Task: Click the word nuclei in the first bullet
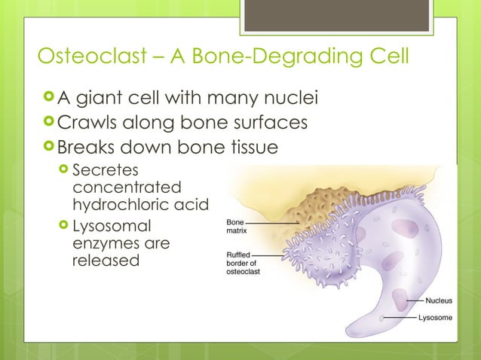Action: click(x=285, y=99)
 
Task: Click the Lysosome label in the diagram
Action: click(x=436, y=318)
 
